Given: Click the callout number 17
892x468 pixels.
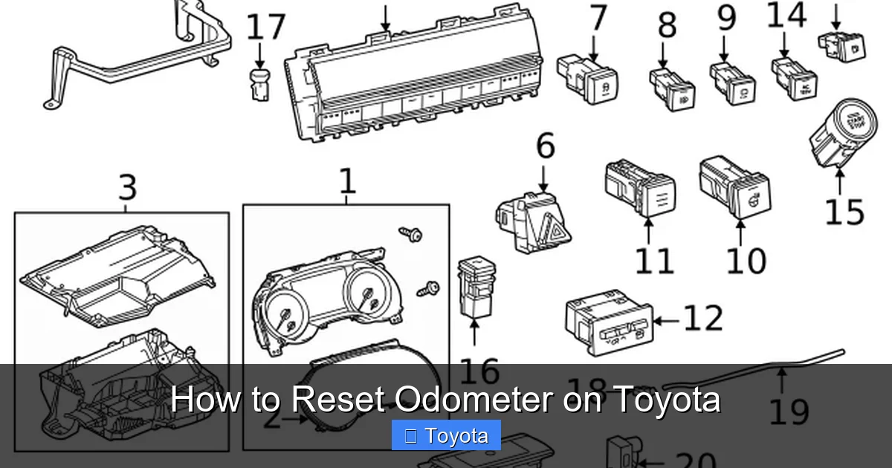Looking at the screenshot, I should (265, 27).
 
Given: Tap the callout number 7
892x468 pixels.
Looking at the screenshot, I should (599, 19).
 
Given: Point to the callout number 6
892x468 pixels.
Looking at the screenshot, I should (546, 146).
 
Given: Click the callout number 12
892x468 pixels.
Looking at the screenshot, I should (702, 318).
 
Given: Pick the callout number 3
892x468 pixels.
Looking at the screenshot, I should (127, 187).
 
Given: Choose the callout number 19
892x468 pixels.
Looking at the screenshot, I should (788, 410).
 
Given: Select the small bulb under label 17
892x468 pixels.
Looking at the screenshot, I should (259, 82).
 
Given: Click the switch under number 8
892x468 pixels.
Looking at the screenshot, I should (672, 88).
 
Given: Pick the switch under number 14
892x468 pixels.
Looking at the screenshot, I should (795, 79).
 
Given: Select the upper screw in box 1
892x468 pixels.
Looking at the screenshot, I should (410, 234).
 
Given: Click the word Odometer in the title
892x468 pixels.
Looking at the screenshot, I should (473, 400).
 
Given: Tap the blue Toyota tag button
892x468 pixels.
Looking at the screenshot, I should (446, 436).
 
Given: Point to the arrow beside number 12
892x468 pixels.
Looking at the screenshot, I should (665, 321).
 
